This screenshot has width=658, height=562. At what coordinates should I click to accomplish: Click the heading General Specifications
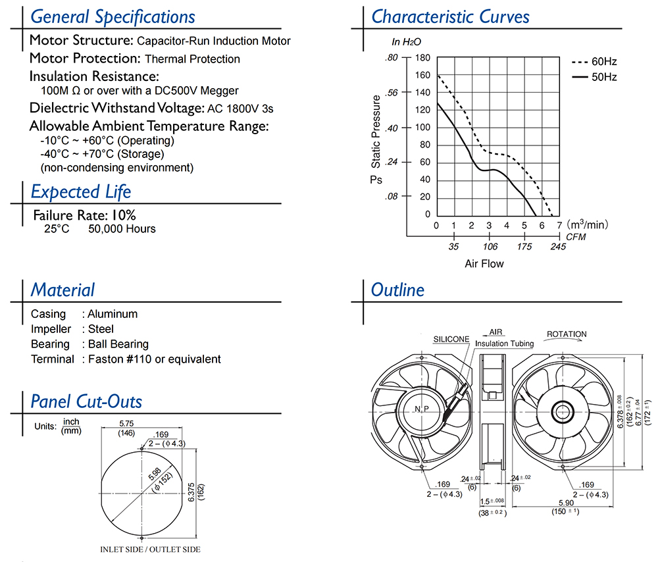tap(113, 16)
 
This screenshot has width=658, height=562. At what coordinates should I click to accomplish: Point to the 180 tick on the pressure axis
tap(422, 58)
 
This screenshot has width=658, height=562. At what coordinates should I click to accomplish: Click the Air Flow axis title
tap(484, 264)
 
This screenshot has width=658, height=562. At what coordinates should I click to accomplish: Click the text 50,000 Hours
tap(122, 229)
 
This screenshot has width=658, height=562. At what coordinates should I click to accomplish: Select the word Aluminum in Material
tap(113, 314)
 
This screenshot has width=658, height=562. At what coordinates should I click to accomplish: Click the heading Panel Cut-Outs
tap(86, 401)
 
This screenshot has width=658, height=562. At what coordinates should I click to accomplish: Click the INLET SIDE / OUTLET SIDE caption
tap(150, 549)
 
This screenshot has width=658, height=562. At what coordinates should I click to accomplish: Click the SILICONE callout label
tap(451, 340)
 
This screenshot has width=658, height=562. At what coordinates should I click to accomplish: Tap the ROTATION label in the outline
tap(567, 334)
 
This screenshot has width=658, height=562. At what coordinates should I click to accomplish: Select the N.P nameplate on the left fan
tap(421, 409)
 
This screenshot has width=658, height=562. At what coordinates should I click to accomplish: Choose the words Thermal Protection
tap(192, 59)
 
